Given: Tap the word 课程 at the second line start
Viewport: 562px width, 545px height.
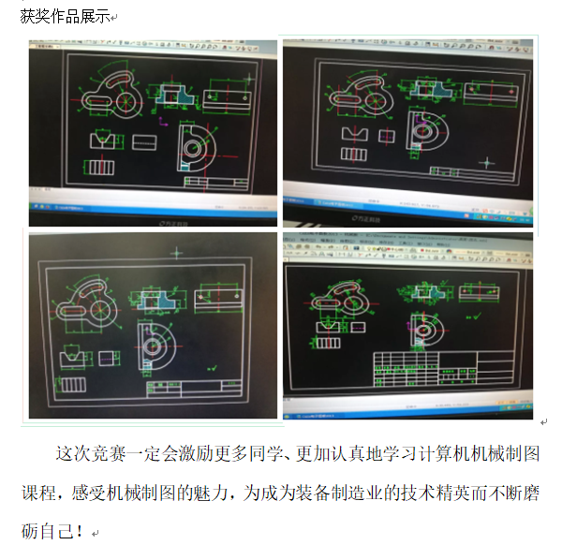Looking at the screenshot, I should click(40, 493).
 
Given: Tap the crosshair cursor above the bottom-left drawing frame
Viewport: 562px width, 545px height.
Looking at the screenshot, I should click(176, 252).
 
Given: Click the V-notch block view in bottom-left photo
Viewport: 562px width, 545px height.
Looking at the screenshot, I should click(71, 358).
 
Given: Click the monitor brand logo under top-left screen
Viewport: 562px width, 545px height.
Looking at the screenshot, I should click(169, 223).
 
